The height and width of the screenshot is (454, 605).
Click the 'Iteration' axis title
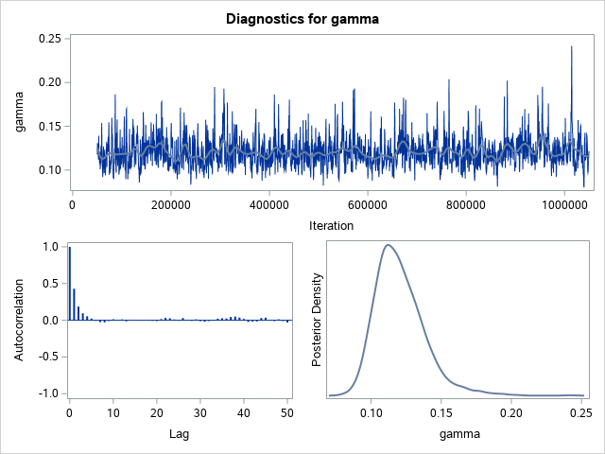(331, 225)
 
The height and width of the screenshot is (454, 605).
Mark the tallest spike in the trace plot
(572, 47)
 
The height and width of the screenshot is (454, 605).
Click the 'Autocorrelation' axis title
(20, 320)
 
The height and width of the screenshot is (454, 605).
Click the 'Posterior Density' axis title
(319, 320)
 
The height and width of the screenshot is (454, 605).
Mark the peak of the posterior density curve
(388, 245)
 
